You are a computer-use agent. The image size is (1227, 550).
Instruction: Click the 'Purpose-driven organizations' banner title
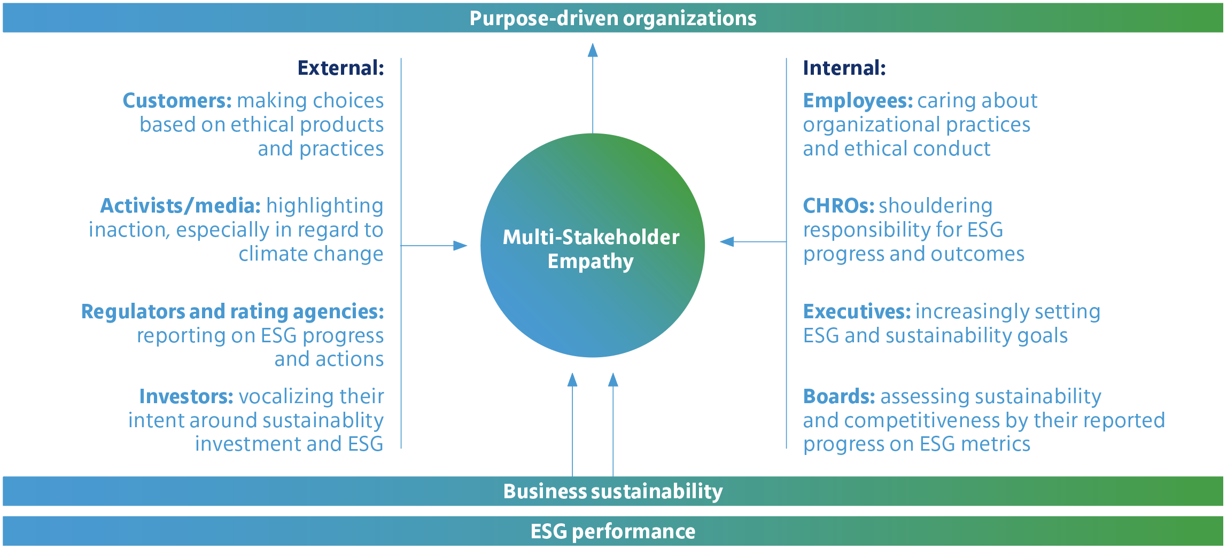pyautogui.click(x=613, y=18)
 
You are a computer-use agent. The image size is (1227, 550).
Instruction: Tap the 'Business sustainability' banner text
pyautogui.click(x=613, y=491)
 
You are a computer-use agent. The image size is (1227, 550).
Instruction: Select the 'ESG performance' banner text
pyautogui.click(x=613, y=531)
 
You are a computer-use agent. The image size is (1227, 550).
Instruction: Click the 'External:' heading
pyautogui.click(x=341, y=68)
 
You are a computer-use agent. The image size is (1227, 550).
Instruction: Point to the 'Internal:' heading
pyautogui.click(x=844, y=68)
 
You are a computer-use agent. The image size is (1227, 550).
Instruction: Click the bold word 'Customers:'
pyautogui.click(x=177, y=100)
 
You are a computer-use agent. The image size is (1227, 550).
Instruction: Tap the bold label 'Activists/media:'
pyautogui.click(x=181, y=206)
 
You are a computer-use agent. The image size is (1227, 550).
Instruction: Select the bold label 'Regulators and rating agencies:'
pyautogui.click(x=232, y=311)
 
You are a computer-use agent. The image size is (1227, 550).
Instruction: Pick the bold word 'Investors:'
pyautogui.click(x=186, y=396)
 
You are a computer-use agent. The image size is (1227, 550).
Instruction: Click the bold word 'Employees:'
pyautogui.click(x=858, y=100)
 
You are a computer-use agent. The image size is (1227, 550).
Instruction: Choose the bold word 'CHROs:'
pyautogui.click(x=838, y=206)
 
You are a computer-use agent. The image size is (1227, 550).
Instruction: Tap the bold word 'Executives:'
pyautogui.click(x=857, y=311)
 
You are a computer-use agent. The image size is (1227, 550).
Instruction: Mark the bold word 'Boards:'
pyautogui.click(x=839, y=396)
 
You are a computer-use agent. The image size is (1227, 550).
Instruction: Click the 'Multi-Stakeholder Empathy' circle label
pyautogui.click(x=591, y=249)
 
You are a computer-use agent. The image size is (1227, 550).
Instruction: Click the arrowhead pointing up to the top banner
pyautogui.click(x=593, y=50)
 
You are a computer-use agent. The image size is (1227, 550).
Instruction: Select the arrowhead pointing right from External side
pyautogui.click(x=460, y=246)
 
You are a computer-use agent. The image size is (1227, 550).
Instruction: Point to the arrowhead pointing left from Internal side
pyautogui.click(x=727, y=242)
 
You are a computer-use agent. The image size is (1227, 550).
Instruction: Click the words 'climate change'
pyautogui.click(x=311, y=254)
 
